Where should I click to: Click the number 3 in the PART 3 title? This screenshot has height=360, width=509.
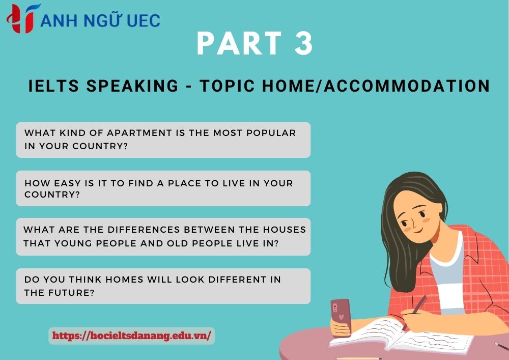pyautogui.click(x=303, y=44)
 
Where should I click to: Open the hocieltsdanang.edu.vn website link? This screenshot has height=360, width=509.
pyautogui.click(x=131, y=336)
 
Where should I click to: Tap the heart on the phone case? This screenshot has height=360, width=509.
pyautogui.click(x=341, y=317)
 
